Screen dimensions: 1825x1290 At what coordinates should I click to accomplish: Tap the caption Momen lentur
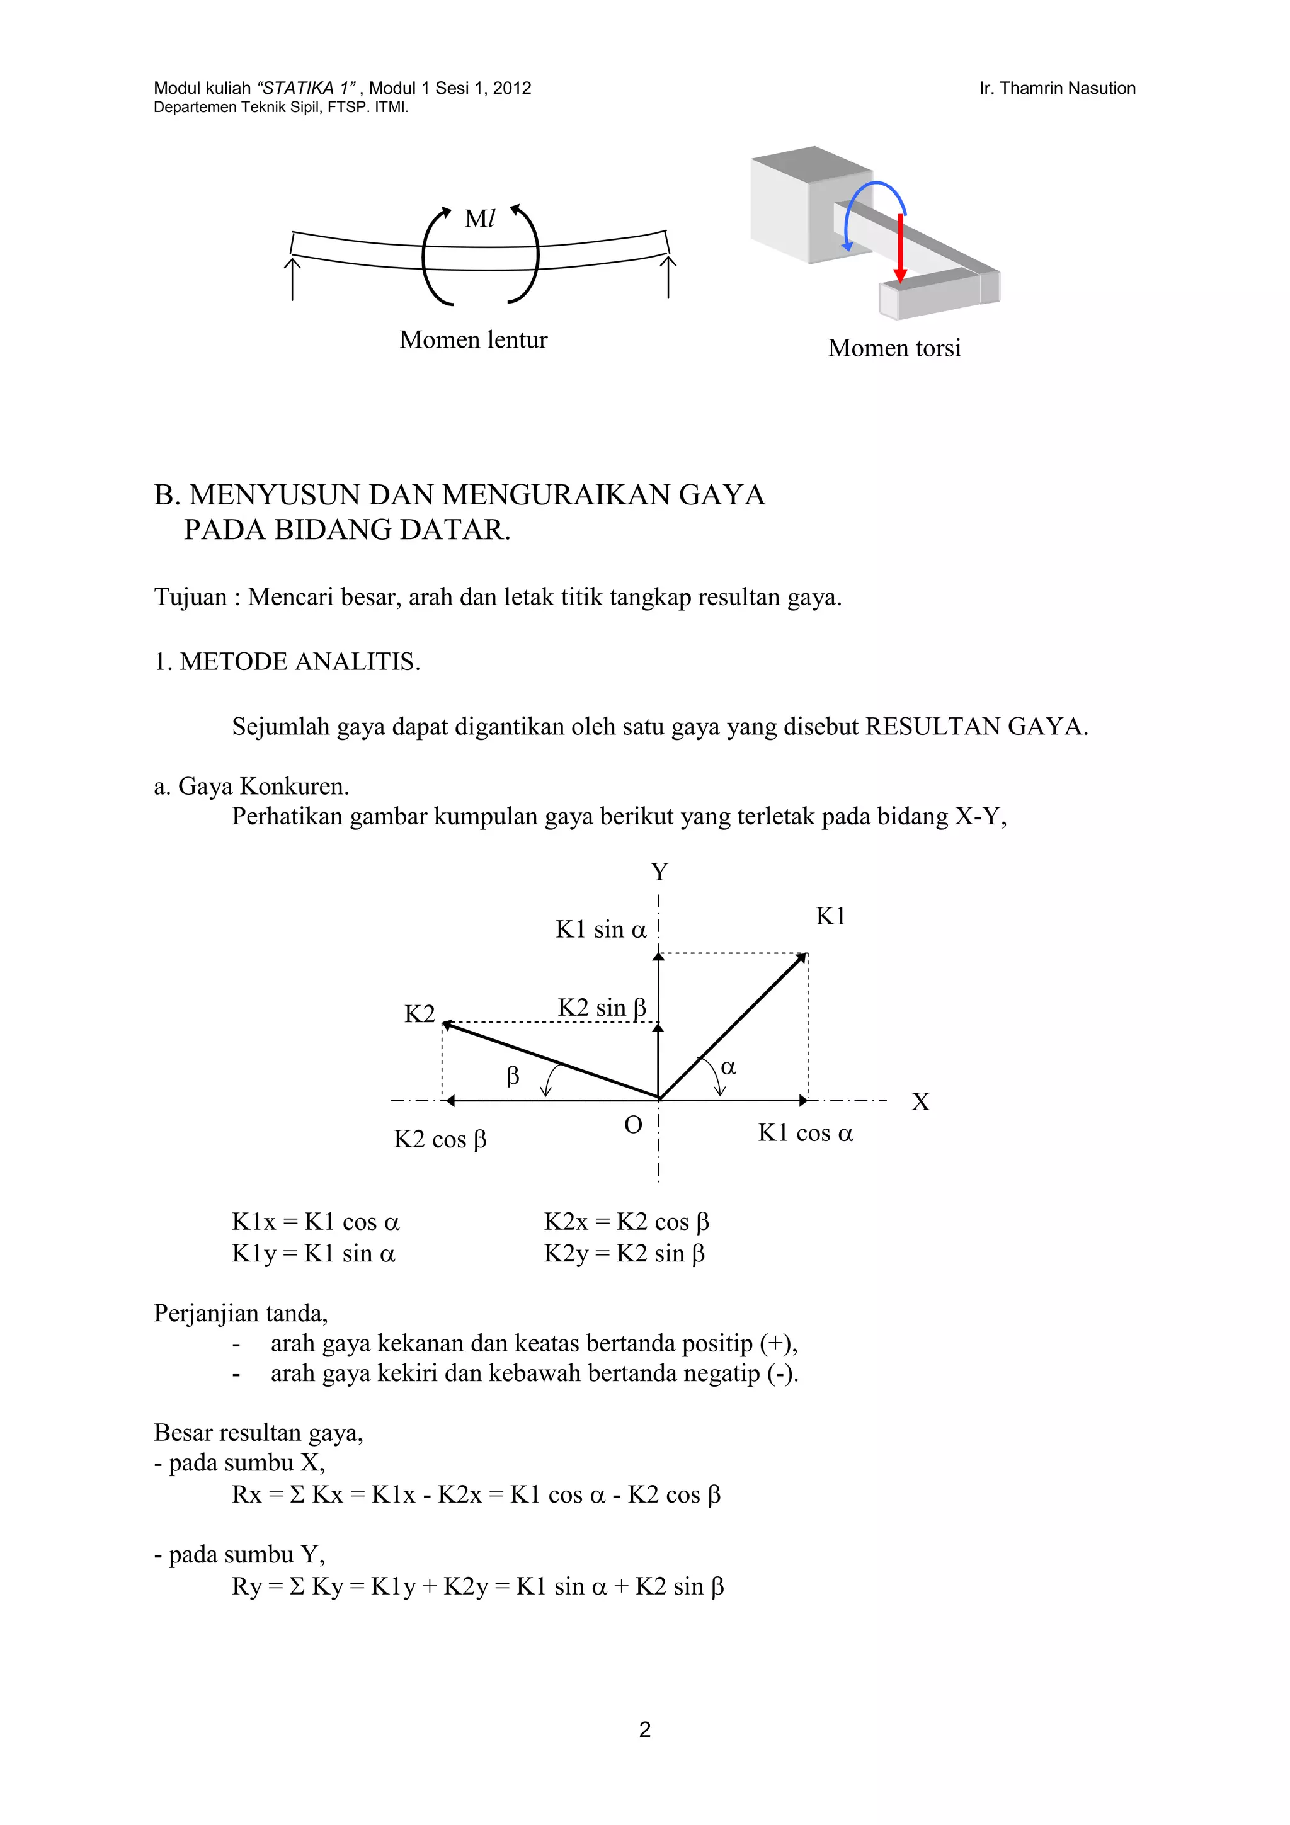[x=473, y=339]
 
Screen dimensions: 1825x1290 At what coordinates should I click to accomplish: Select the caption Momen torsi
[x=894, y=348]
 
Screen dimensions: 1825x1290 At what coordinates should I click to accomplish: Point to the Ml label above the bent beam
[x=479, y=219]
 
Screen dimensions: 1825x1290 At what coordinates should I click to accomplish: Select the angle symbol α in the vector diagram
[x=728, y=1067]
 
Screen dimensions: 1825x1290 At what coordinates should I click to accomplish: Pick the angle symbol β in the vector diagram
[x=513, y=1076]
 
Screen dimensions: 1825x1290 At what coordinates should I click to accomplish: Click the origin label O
[x=632, y=1125]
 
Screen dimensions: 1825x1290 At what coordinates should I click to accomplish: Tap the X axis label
[x=920, y=1101]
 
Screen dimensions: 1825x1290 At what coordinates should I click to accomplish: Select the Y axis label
[x=659, y=872]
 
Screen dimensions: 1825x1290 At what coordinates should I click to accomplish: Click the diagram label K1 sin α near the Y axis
[x=601, y=930]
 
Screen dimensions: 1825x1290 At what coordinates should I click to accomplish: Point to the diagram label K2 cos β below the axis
[x=440, y=1140]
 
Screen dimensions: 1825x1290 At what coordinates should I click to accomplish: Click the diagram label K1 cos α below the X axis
[x=805, y=1133]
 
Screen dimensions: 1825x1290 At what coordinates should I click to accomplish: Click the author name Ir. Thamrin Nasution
[x=1056, y=88]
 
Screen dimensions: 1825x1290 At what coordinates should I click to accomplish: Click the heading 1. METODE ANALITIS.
[x=287, y=661]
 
